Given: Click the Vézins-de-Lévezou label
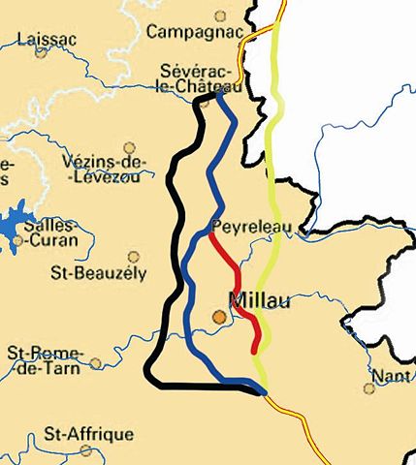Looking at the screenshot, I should point(105,169).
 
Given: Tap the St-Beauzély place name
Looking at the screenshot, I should point(98,272).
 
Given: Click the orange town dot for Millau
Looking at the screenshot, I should point(221,316).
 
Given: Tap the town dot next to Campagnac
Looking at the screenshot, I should point(221,15).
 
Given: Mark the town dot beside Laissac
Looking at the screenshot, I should point(41,52).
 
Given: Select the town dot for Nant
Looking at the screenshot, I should point(368,388).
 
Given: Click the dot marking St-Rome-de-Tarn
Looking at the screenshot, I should point(96,364).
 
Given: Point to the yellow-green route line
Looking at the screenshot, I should point(274,194).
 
